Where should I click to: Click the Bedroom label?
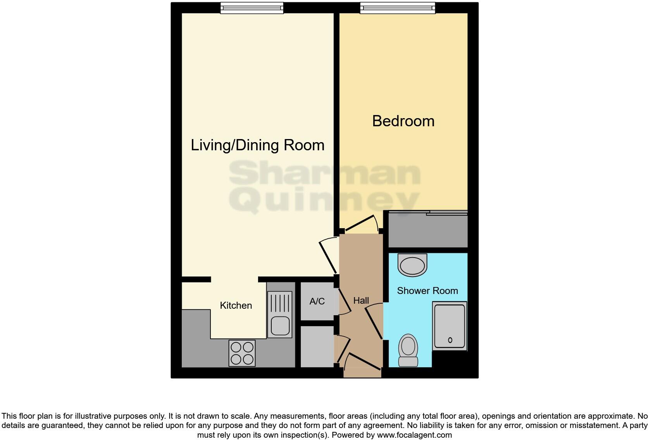(x=403, y=121)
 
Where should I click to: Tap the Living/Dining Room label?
(x=257, y=145)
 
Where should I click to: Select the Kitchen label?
(x=236, y=306)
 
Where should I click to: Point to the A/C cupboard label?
(x=317, y=301)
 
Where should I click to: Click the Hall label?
(x=361, y=301)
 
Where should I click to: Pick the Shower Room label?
(x=427, y=291)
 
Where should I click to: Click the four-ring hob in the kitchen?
(x=242, y=353)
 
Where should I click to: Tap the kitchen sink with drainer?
(x=279, y=314)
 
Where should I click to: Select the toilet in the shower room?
(x=408, y=350)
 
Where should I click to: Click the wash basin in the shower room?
(x=412, y=265)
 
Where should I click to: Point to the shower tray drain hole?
(x=450, y=340)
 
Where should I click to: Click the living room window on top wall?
(x=252, y=8)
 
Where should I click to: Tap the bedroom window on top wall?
(x=397, y=8)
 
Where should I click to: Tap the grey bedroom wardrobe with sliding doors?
(x=428, y=229)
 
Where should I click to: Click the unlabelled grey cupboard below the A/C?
(x=317, y=346)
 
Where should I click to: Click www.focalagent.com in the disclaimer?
(x=414, y=435)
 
